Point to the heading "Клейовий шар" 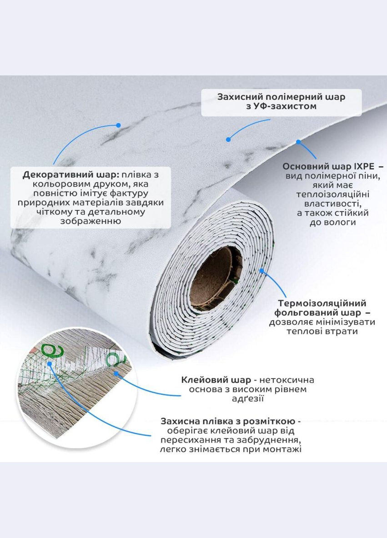pos(216,380)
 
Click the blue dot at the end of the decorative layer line pos(118,125)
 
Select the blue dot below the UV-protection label pos(228,139)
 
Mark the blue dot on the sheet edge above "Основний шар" pos(298,142)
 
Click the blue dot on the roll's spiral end pos(261,271)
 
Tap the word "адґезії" pos(247,399)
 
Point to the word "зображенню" pos(90,221)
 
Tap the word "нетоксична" pos(287,380)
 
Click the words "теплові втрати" pos(322,331)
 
